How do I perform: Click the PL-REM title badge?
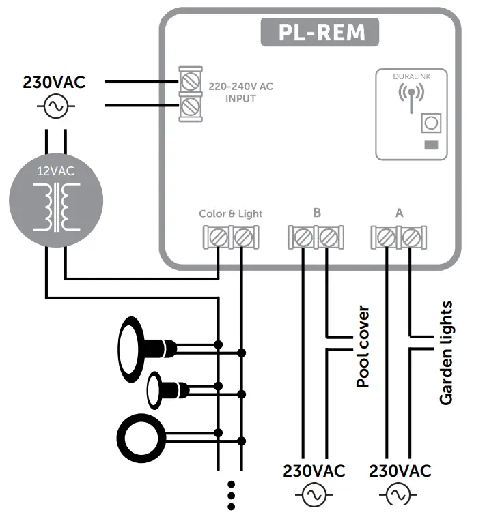[319, 32]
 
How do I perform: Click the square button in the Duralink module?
[430, 123]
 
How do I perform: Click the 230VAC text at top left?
[54, 83]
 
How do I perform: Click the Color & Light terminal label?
[230, 213]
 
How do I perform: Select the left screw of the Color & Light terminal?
[218, 238]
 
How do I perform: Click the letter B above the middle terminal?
[317, 213]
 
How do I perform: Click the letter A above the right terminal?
[399, 213]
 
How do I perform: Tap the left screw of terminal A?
[386, 238]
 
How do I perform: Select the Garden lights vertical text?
[446, 353]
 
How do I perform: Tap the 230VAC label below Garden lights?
[400, 471]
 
